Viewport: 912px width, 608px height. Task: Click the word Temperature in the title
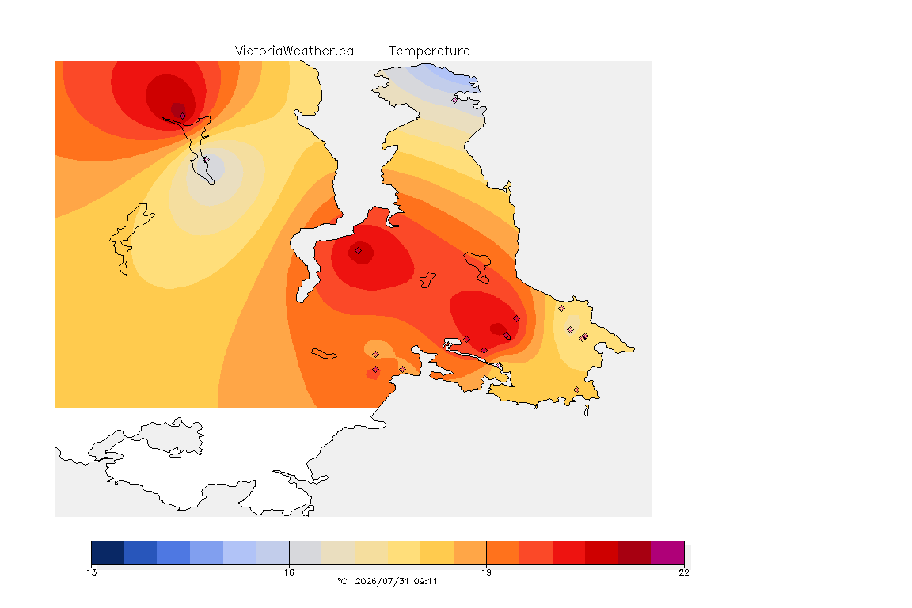click(429, 51)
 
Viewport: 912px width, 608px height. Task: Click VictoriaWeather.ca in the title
click(294, 51)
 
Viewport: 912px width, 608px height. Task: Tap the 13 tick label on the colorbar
click(92, 572)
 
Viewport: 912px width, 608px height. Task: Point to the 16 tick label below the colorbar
click(289, 572)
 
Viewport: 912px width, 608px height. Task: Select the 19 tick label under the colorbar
click(486, 572)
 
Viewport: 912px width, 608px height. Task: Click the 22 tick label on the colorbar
click(684, 572)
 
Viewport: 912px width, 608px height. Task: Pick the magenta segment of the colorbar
click(667, 553)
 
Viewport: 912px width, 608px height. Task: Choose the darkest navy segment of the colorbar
click(108, 553)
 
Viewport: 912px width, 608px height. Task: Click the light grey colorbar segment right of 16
click(306, 553)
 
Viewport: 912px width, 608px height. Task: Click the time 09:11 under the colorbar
click(425, 581)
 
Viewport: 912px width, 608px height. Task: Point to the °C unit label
click(343, 581)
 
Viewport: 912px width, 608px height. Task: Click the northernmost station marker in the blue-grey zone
click(455, 100)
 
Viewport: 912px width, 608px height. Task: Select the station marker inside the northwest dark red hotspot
click(183, 116)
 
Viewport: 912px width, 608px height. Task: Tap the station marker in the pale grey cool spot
click(206, 159)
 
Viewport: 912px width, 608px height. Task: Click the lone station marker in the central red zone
click(359, 251)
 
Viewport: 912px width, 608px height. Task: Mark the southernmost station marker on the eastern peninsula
click(576, 389)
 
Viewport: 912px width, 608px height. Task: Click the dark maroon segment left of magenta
click(635, 553)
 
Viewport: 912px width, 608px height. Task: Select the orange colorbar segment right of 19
click(503, 553)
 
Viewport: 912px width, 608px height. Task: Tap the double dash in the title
click(371, 51)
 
